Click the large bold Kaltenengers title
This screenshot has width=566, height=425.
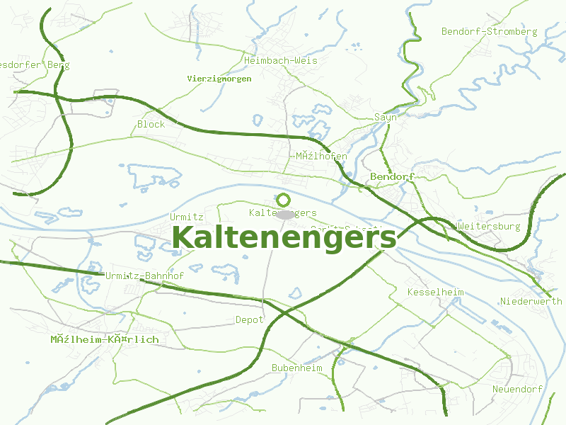(284, 237)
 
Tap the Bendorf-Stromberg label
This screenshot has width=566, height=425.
(489, 32)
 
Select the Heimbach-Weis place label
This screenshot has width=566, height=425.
(280, 61)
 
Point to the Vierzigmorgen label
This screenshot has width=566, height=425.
(219, 79)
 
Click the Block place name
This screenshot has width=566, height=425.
(151, 124)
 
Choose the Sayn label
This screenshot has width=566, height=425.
(386, 118)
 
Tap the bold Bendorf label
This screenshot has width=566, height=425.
(391, 176)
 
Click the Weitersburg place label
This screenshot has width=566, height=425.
(489, 227)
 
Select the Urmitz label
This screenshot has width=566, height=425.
(187, 217)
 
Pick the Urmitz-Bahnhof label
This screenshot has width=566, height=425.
(144, 276)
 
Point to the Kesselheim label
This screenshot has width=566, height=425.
(435, 293)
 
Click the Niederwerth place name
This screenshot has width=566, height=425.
(531, 302)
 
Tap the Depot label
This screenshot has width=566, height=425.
(249, 320)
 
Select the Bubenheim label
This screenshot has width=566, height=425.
(296, 368)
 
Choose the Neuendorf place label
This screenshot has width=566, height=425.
(517, 390)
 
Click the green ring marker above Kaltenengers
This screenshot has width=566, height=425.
(284, 200)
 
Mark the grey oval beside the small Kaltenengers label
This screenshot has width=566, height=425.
(285, 214)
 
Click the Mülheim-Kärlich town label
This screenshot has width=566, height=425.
(104, 340)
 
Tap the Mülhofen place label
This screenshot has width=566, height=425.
(321, 156)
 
